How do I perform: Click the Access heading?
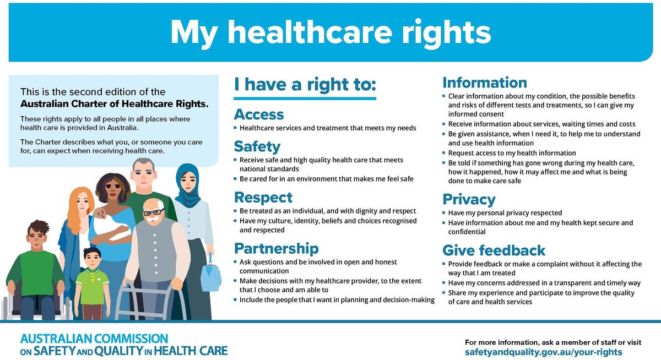259,114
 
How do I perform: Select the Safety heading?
257,146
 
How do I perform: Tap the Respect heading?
263,197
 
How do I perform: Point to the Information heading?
485,83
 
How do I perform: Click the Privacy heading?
469,199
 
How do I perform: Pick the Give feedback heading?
494,250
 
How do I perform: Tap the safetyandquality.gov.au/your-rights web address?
544,352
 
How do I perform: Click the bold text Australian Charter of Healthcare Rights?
114,103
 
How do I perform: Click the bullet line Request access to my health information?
512,153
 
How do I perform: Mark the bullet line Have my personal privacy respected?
505,212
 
